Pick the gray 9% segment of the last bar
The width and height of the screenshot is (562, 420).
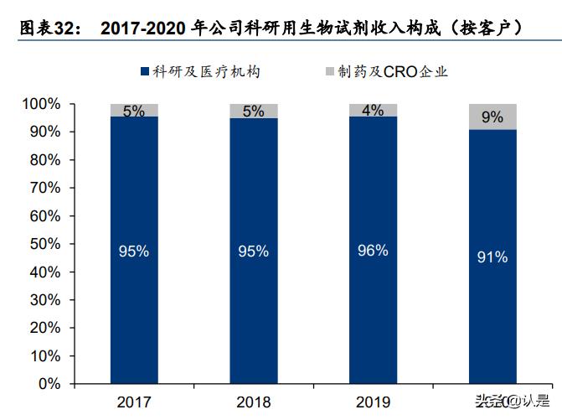[x=492, y=117]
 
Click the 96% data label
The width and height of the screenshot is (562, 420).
[x=373, y=250]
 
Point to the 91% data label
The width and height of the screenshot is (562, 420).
[x=492, y=257]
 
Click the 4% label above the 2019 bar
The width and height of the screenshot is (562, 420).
[x=373, y=110]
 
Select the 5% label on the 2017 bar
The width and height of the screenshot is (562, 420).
[x=134, y=111]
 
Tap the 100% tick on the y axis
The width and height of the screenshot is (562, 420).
[x=41, y=105]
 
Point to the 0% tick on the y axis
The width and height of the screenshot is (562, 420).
[x=49, y=384]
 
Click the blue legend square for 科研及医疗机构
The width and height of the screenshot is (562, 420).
[x=145, y=71]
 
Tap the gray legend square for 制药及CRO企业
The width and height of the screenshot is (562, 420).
[x=329, y=71]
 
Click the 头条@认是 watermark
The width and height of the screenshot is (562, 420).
[x=513, y=400]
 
